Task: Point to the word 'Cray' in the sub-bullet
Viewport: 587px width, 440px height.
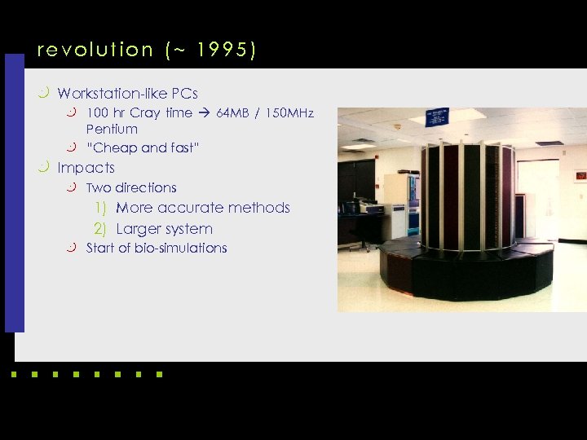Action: click(145, 113)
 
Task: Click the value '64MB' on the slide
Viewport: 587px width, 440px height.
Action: click(234, 113)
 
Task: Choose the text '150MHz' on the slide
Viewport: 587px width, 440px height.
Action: click(287, 113)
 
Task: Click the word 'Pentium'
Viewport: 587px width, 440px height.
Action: click(112, 130)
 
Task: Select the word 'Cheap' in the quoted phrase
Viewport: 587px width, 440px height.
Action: click(114, 148)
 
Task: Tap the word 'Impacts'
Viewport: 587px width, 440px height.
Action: click(86, 168)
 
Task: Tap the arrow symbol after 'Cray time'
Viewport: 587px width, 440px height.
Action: click(204, 113)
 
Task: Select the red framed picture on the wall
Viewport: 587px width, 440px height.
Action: click(580, 175)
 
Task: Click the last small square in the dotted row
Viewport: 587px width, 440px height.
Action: click(159, 376)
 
